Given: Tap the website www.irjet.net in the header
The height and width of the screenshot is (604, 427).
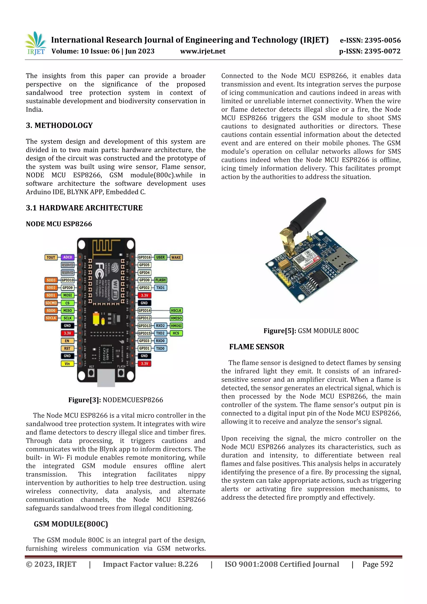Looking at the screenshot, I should point(203,51).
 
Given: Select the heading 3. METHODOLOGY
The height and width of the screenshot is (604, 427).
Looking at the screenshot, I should point(59,126).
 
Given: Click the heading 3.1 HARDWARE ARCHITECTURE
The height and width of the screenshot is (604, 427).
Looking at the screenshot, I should point(84,208).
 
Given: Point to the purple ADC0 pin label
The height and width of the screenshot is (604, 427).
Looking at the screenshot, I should point(68,257).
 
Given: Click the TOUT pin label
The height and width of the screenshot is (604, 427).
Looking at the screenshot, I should point(51,257).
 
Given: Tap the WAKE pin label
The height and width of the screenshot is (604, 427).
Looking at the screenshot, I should point(176,257).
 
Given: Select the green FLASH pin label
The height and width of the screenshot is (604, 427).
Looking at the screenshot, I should point(160,280).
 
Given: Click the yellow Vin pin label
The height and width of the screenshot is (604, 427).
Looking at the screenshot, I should point(67,364).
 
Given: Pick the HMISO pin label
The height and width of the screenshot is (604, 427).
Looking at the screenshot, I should point(176,318).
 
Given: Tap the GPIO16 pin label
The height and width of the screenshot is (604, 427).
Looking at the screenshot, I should point(144,257).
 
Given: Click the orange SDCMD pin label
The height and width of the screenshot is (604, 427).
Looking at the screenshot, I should point(51,303).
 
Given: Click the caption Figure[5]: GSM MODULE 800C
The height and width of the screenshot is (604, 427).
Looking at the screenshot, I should point(311,331).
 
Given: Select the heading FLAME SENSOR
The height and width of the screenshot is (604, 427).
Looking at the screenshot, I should point(256,347).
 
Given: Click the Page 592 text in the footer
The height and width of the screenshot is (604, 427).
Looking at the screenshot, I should point(378,564).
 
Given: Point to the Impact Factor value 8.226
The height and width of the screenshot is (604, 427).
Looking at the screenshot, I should point(151,564).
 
